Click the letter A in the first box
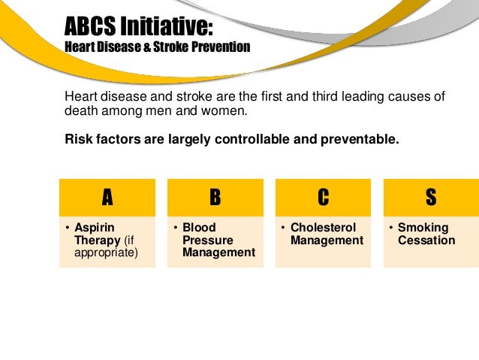coord(107,198)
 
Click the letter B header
coord(215,198)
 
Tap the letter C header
coord(323,198)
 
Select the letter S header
coord(430,198)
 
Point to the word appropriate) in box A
coord(106,253)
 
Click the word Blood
coord(199,228)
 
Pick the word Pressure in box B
coord(207,241)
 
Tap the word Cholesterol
coord(323,228)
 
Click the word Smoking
coord(423,228)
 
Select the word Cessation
coord(426,241)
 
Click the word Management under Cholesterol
coord(327,241)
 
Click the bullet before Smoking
coord(390,228)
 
